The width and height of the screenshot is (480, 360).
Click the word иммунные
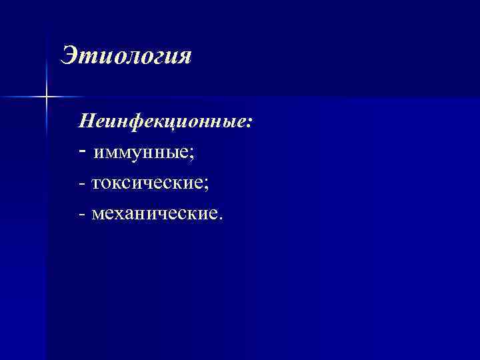pyautogui.click(x=142, y=153)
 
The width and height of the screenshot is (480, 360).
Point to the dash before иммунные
pyautogui.click(x=81, y=152)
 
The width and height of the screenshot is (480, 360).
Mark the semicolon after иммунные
pyautogui.click(x=192, y=155)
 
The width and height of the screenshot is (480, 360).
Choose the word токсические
pyautogui.click(x=149, y=183)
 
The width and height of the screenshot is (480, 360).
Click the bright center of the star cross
pyautogui.click(x=47, y=97)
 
